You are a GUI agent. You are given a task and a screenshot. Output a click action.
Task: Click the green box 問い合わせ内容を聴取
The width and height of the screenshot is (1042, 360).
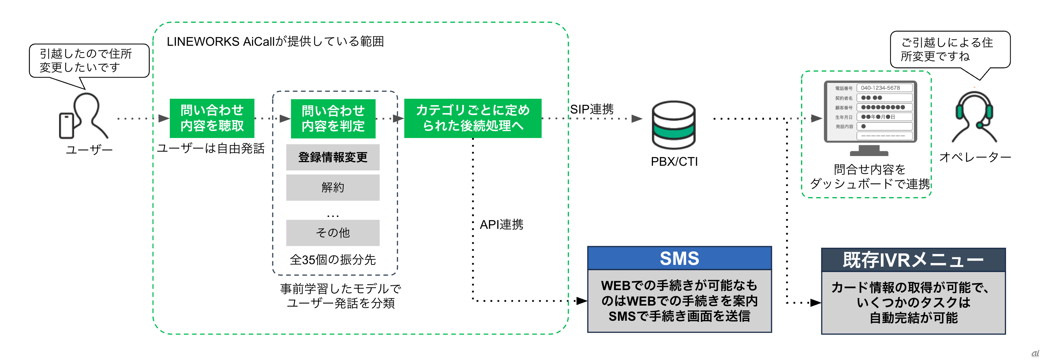[x=212, y=118]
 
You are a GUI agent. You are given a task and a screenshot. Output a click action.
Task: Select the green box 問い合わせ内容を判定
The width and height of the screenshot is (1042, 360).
[x=333, y=119]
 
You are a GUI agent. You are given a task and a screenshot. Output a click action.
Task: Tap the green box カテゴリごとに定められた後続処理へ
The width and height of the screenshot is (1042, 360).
[x=472, y=118]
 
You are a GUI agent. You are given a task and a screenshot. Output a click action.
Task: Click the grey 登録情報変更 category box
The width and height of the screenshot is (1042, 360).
[x=332, y=157]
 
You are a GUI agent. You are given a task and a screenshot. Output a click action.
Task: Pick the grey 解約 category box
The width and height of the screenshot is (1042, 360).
[x=332, y=187]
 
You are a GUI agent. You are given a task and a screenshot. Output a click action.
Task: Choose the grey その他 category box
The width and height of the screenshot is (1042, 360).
[x=332, y=232]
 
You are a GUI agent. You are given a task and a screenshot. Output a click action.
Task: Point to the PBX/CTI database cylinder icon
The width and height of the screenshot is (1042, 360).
[x=674, y=125]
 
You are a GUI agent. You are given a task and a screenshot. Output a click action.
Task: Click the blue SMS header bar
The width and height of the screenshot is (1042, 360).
[x=679, y=258]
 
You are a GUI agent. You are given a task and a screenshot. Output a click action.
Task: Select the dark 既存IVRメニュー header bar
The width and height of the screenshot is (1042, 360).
[x=913, y=260]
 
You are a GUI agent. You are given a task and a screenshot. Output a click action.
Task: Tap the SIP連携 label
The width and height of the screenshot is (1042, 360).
[x=592, y=109]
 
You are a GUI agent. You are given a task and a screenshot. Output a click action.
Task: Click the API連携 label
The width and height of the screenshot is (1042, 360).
[x=501, y=225]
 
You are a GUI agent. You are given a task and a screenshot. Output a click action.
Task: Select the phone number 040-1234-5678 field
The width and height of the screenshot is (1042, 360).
[x=884, y=88]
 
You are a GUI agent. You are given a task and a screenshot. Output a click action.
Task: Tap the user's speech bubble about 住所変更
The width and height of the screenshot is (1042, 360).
[x=89, y=61]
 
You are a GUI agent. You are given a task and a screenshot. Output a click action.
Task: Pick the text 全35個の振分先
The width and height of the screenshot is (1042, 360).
[x=332, y=260]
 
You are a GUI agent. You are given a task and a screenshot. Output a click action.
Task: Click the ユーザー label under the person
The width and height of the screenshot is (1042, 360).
[x=89, y=150]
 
